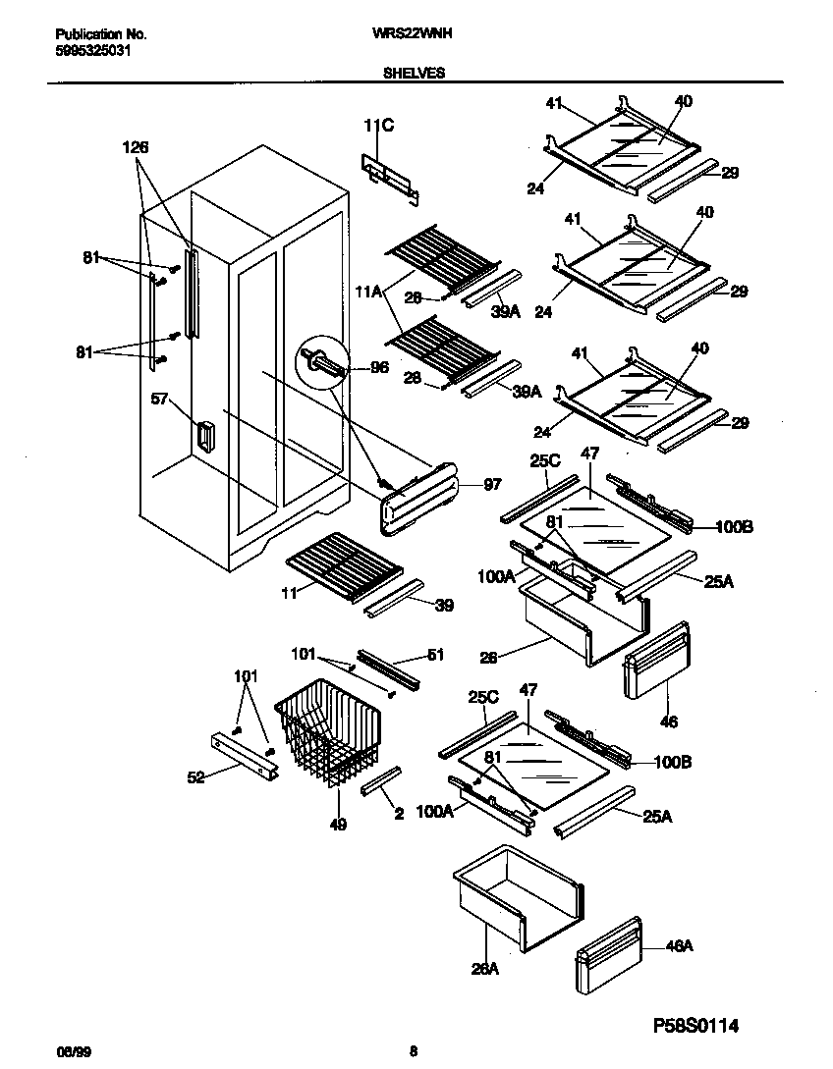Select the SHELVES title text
pos(414,73)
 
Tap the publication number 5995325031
pos(90,49)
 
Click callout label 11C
pos(377,126)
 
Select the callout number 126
pos(135,147)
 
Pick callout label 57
pos(160,400)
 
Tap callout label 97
pos(492,485)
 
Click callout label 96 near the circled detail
pos(377,368)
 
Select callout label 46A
pos(680,946)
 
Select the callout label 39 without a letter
pos(445,606)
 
